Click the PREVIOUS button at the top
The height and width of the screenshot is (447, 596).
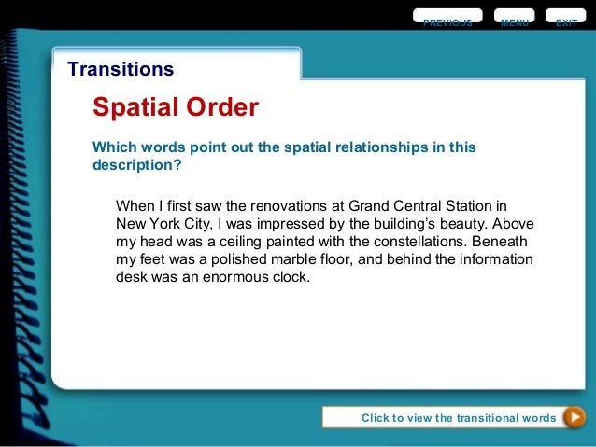point(447,20)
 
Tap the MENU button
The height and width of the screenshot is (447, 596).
point(514,20)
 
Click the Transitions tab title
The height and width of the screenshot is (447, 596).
point(121,69)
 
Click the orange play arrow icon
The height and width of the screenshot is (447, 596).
point(575,417)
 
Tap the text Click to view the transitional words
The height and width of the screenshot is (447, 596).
point(458,418)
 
